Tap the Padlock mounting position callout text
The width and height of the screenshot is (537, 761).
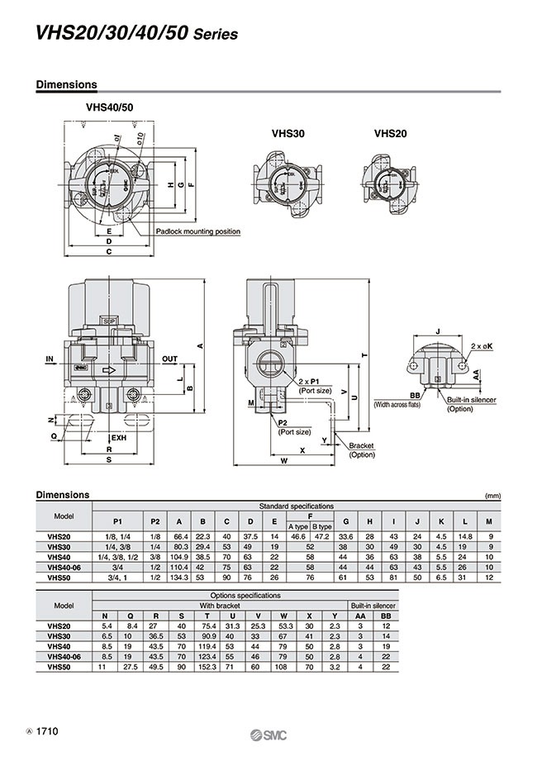(198, 231)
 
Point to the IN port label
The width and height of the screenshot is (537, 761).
(50, 359)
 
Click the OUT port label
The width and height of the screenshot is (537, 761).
(170, 359)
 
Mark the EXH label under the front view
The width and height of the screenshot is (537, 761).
(119, 437)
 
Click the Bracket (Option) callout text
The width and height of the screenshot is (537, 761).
(361, 450)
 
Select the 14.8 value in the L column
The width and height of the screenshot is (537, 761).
(465, 536)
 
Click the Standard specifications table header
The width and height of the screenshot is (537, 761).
(297, 505)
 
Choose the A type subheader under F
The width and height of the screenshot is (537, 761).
(297, 526)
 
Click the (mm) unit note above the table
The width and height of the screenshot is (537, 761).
(493, 496)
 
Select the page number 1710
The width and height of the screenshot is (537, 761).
(46, 731)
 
